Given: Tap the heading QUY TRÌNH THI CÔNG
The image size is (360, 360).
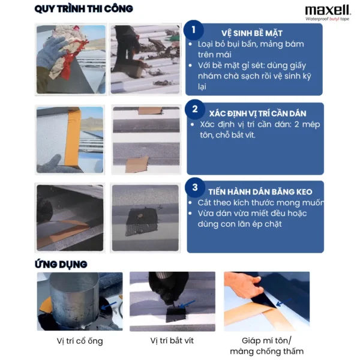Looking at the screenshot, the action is pos(84,9).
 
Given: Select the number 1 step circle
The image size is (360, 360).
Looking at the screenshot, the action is pos(194,30).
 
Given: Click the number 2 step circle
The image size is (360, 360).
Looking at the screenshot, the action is pos(195,109).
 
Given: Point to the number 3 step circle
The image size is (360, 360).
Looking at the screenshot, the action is pos(195,187).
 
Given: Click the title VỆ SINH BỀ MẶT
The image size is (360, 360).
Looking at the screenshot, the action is pos(252,33).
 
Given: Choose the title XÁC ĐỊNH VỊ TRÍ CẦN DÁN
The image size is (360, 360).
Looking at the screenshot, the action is pos(257,113).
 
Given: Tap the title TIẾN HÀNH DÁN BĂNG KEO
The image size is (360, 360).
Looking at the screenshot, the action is pos(260,192).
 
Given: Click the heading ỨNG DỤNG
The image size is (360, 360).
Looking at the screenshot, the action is pos(61,265).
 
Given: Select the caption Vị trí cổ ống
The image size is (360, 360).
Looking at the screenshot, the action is pos(80,341).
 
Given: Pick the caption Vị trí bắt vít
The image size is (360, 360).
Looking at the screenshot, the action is pos(172,340).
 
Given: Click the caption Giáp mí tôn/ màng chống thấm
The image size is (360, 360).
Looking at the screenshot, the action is pos(267,346).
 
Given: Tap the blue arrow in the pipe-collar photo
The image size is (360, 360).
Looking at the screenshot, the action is pos(109,305).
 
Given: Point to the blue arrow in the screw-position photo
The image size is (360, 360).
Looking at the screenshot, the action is pos(187,304).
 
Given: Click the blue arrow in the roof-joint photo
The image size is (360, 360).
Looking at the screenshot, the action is pos(284,302).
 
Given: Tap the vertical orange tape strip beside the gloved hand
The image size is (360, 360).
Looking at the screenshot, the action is pos(72,137).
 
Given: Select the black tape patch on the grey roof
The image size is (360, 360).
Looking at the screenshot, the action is pos(140,221).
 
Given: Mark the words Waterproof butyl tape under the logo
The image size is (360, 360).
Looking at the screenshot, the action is pos(327,19).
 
